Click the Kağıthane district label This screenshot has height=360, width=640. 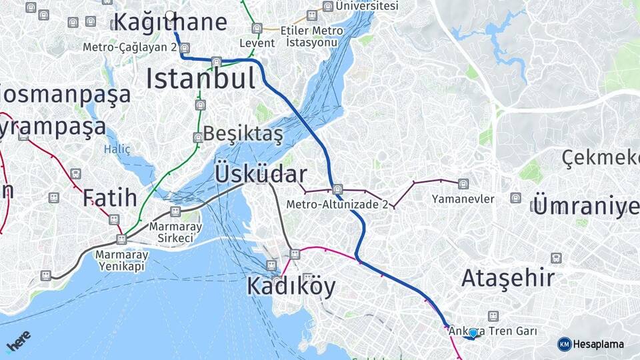tap(171, 22)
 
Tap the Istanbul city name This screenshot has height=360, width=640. tap(201, 79)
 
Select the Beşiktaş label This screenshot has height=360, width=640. tap(243, 133)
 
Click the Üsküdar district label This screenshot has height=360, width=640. tap(261, 174)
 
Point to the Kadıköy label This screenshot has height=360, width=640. tap(291, 286)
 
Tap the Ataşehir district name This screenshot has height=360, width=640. tap(508, 277)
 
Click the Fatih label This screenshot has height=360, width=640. tap(110, 197)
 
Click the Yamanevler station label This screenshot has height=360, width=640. tap(463, 199)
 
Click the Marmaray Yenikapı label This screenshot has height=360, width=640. tap(119, 260)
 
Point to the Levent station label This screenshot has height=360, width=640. tap(257, 43)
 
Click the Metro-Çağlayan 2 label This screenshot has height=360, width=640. tap(130, 47)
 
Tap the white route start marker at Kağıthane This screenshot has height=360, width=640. tap(170, 15)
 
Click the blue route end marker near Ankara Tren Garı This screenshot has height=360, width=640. tap(473, 333)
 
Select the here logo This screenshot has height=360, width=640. tap(18, 341)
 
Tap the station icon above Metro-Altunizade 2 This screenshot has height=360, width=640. tap(338, 189)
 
